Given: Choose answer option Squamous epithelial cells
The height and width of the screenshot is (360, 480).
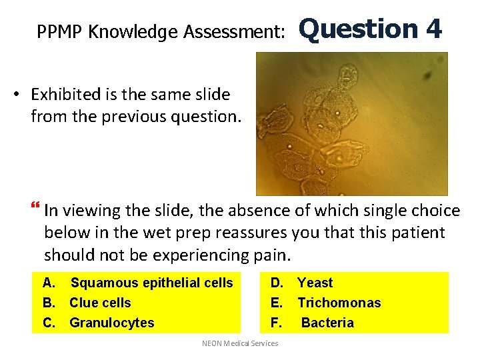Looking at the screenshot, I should click(152, 283).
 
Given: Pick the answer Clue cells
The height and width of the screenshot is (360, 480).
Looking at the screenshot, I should click(100, 303).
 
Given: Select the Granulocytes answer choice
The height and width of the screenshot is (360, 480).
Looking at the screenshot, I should click(111, 323).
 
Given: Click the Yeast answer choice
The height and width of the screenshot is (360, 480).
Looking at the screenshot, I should click(315, 283).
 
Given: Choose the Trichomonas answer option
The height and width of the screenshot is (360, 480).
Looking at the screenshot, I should click(339, 303).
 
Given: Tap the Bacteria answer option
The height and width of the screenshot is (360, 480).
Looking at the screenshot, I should click(327, 323).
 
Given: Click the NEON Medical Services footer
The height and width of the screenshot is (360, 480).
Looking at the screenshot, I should click(240, 343).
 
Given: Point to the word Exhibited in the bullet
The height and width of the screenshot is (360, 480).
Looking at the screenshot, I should click(65, 94).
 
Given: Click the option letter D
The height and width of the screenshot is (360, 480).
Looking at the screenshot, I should click(275, 283).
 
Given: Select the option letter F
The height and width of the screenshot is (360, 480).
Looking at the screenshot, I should click(275, 323).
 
